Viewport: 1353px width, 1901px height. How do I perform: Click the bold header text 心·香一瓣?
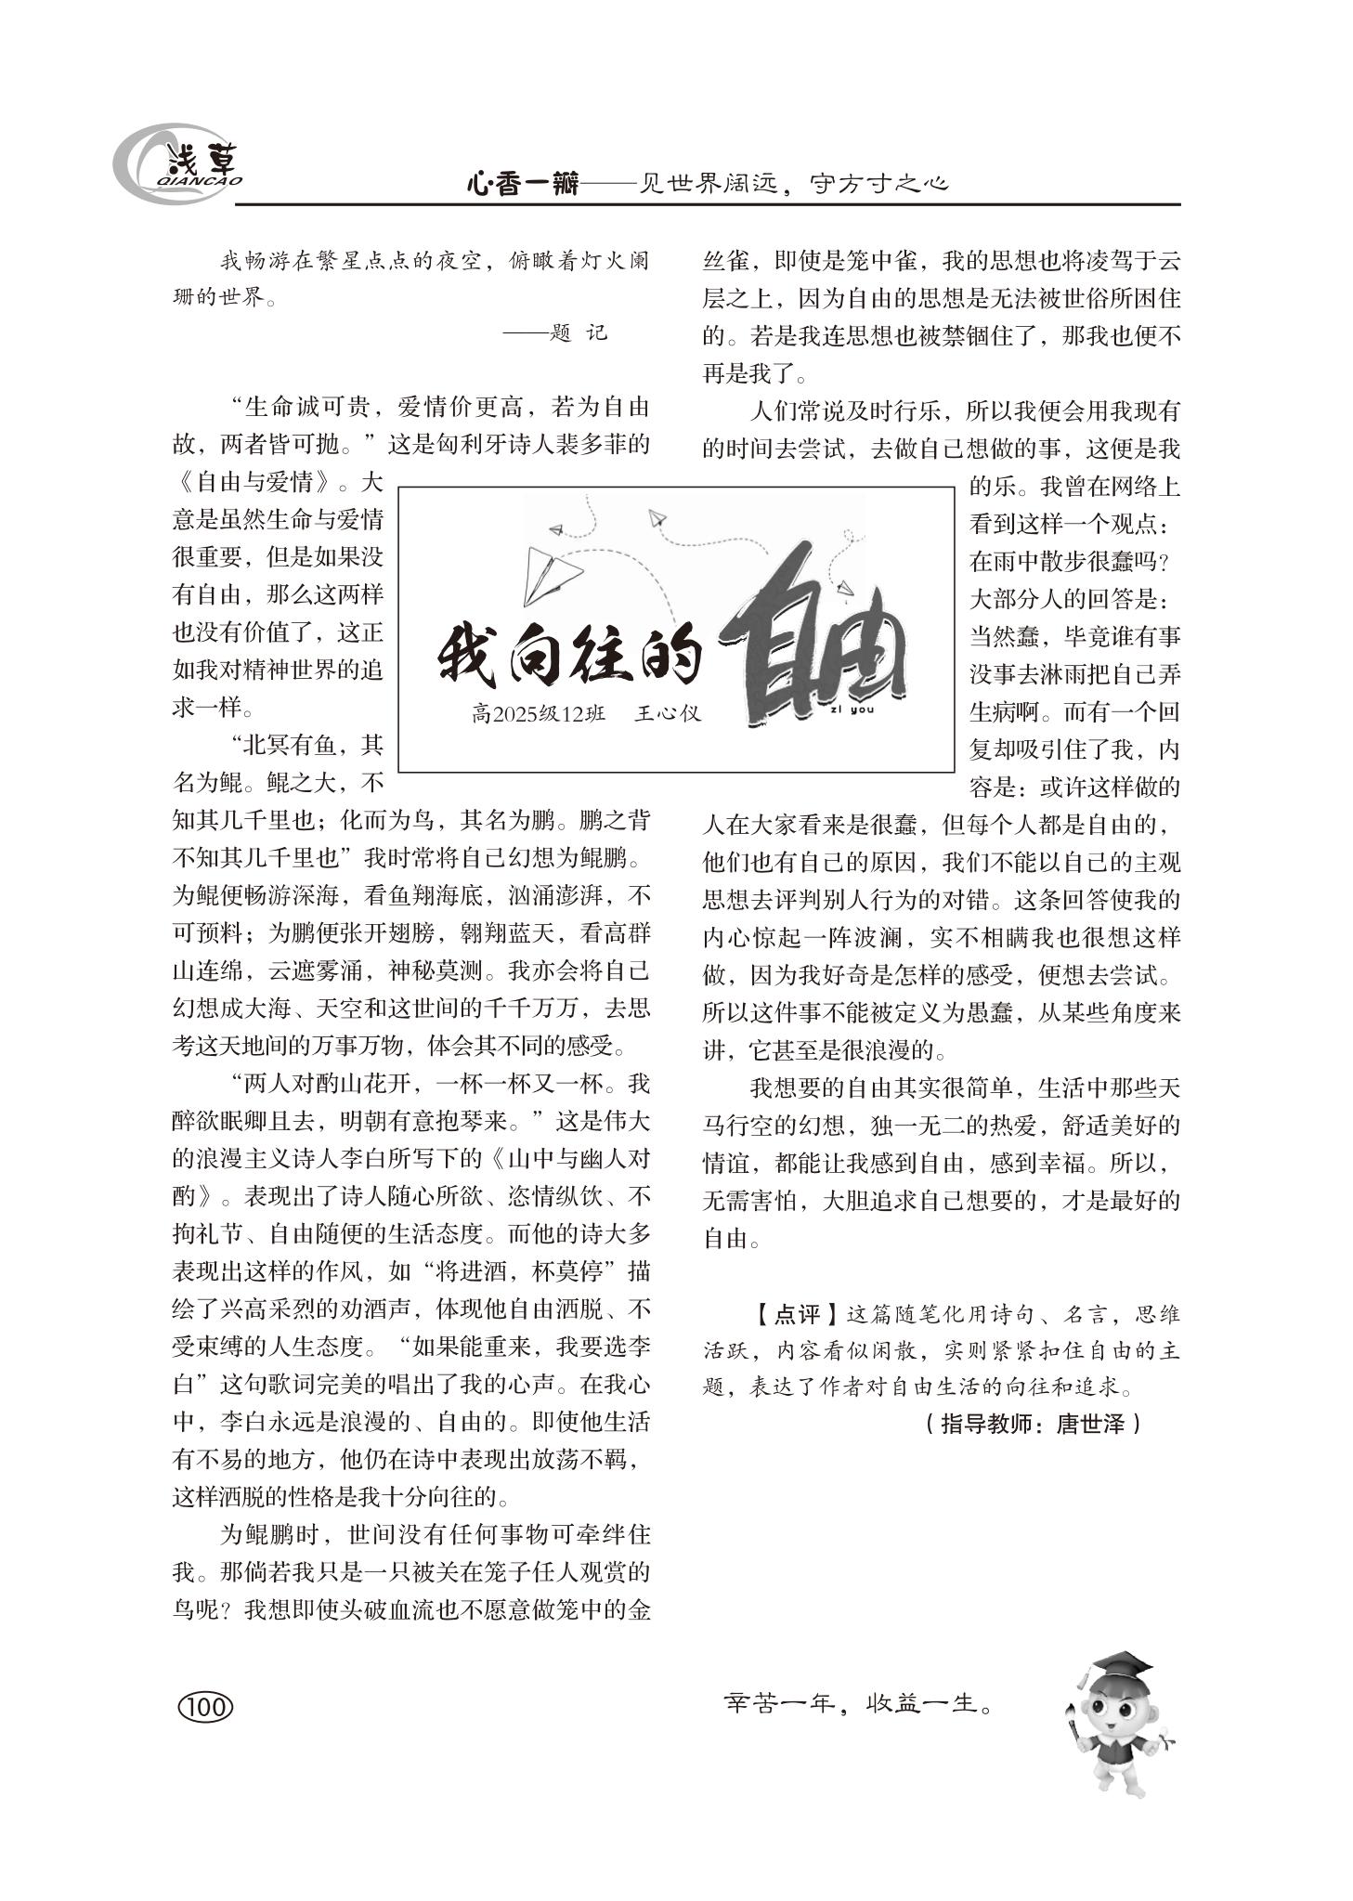point(521,184)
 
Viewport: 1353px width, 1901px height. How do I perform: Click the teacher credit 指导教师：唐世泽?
point(1032,1424)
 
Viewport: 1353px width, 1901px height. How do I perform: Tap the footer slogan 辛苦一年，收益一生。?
point(857,1703)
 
